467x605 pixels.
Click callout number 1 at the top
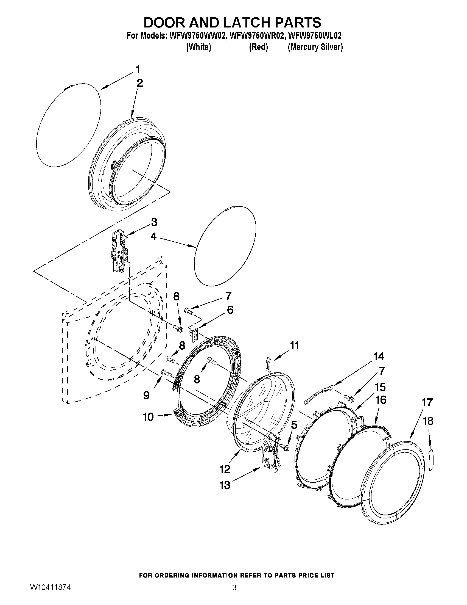click(x=138, y=70)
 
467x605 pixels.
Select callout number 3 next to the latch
click(x=154, y=222)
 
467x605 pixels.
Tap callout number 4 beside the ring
click(x=153, y=237)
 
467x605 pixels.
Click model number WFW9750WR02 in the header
click(x=256, y=36)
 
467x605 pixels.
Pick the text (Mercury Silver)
click(x=315, y=47)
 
